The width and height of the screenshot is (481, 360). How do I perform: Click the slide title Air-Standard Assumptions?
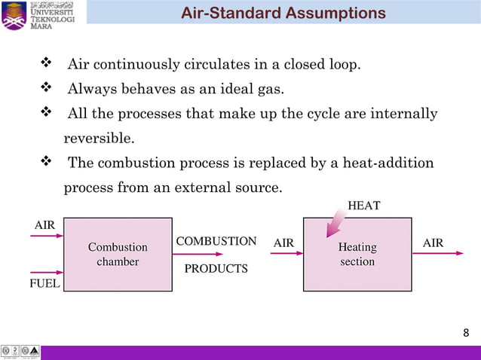pos(283,14)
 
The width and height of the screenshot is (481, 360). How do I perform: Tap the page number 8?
pos(465,333)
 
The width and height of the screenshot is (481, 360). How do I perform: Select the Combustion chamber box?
pos(118,255)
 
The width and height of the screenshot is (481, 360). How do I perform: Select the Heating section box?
pos(357,255)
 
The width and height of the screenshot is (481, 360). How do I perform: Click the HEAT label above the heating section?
pos(363,205)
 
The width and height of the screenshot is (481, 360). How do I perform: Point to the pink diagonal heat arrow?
pos(334,223)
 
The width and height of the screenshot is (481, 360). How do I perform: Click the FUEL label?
pos(45,284)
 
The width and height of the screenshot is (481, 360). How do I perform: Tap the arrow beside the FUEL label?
pos(47,273)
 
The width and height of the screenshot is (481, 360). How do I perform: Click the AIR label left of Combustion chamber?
pos(44,224)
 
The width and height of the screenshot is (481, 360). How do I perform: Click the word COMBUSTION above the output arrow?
pos(216,241)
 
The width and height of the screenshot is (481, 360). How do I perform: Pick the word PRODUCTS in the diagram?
pos(216,269)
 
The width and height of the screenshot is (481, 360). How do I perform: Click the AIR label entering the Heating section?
pos(283,243)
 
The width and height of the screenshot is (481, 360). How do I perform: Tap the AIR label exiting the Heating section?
pos(433,243)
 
